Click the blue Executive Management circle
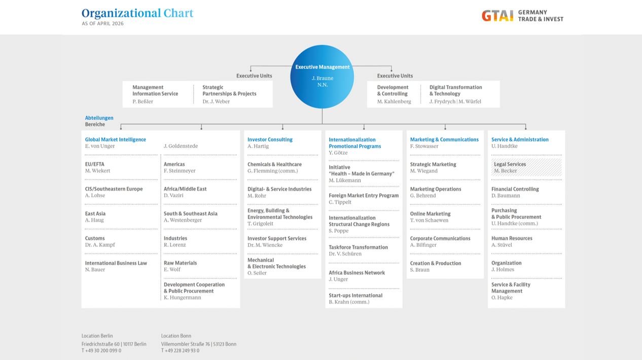(x=322, y=77)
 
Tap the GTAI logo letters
(x=497, y=16)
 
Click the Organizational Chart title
(x=137, y=13)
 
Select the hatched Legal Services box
(x=526, y=167)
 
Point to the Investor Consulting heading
(x=270, y=139)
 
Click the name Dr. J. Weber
(x=216, y=101)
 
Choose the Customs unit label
(x=95, y=238)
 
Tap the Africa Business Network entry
(x=356, y=273)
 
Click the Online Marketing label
(x=430, y=214)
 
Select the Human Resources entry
(x=512, y=238)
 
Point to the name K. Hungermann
(x=182, y=298)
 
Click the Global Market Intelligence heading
(x=115, y=139)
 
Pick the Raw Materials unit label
(x=180, y=263)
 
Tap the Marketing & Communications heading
(x=444, y=139)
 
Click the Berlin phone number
(x=101, y=350)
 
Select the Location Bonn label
(x=176, y=336)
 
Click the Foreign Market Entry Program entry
(x=364, y=195)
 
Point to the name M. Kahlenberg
(x=394, y=101)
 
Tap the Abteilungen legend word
(x=99, y=118)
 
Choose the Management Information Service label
(x=155, y=90)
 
